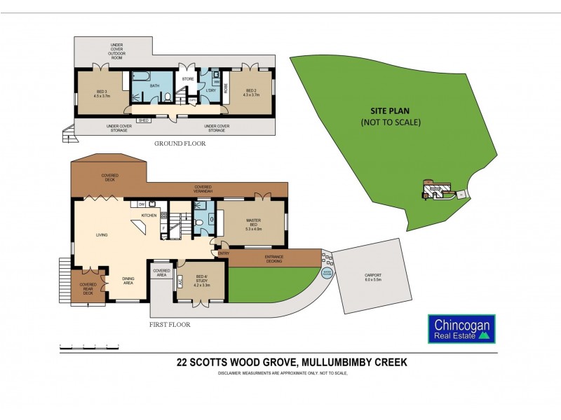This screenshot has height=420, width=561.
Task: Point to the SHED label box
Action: pyautogui.click(x=143, y=120)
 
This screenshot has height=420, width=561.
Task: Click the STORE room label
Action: pyautogui.click(x=187, y=79)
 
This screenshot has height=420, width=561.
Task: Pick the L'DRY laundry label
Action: pyautogui.click(x=210, y=90)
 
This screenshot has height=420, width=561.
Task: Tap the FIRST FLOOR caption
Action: pyautogui.click(x=170, y=325)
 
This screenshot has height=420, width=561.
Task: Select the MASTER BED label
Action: pyautogui.click(x=253, y=223)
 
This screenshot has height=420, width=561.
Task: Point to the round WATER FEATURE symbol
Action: pyautogui.click(x=327, y=272)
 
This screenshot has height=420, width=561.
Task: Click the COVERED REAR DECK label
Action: pyautogui.click(x=88, y=288)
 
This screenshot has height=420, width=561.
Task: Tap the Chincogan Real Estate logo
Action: pyautogui.click(x=461, y=329)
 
